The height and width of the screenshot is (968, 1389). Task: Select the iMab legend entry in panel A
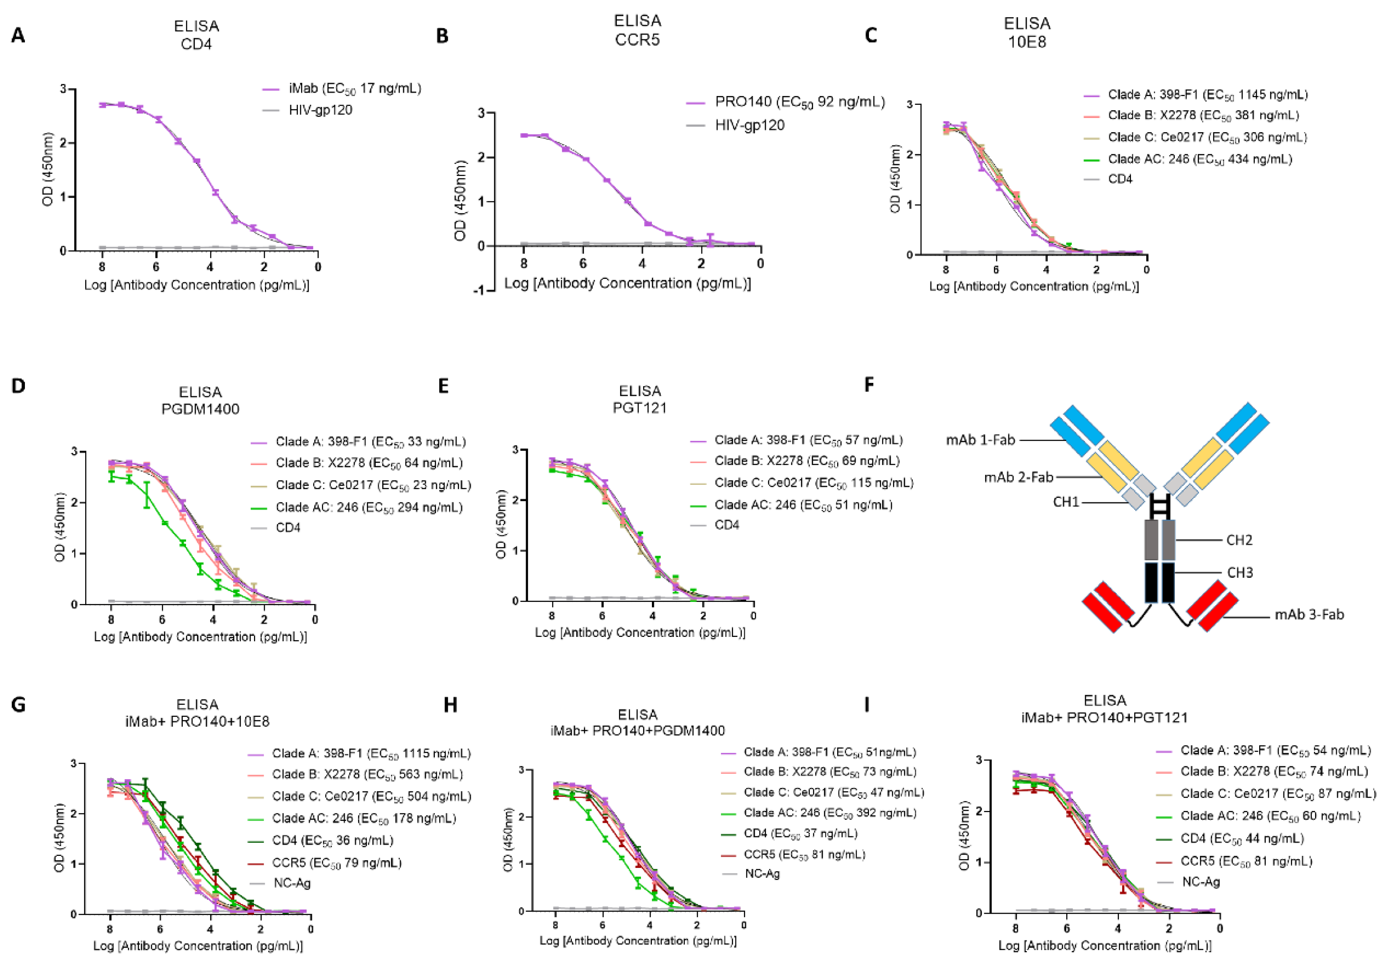click(354, 89)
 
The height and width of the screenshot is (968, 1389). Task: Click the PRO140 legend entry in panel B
click(799, 102)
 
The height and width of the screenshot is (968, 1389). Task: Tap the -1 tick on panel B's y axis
click(479, 291)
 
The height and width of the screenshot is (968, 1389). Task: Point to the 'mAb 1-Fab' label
click(980, 440)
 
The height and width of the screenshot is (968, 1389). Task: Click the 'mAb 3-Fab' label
click(1309, 615)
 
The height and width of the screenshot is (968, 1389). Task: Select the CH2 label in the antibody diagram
click(1239, 540)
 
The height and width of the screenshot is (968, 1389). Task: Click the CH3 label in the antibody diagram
click(1239, 572)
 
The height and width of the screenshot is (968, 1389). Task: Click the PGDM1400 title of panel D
click(200, 409)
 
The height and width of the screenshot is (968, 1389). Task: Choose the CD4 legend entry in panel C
click(1120, 179)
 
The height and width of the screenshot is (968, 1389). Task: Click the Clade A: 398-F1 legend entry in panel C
click(1207, 95)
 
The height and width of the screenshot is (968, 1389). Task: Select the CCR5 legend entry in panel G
click(336, 863)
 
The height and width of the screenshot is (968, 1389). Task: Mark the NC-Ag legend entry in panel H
click(762, 874)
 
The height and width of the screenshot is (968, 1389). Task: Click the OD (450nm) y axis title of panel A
click(48, 170)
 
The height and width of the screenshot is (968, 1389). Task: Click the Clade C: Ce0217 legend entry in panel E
click(813, 483)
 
